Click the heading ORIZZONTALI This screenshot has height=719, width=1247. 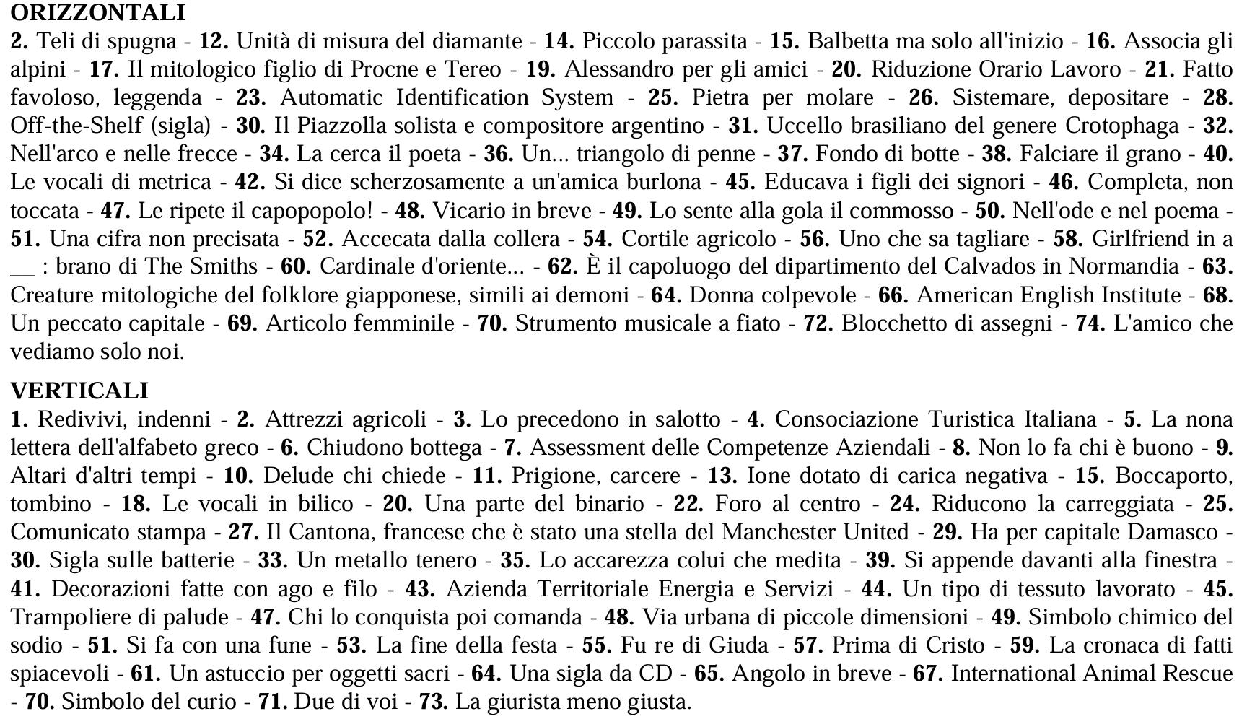click(x=98, y=12)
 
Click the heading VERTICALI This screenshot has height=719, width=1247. click(x=79, y=391)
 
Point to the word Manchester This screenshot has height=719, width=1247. click(x=776, y=532)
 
